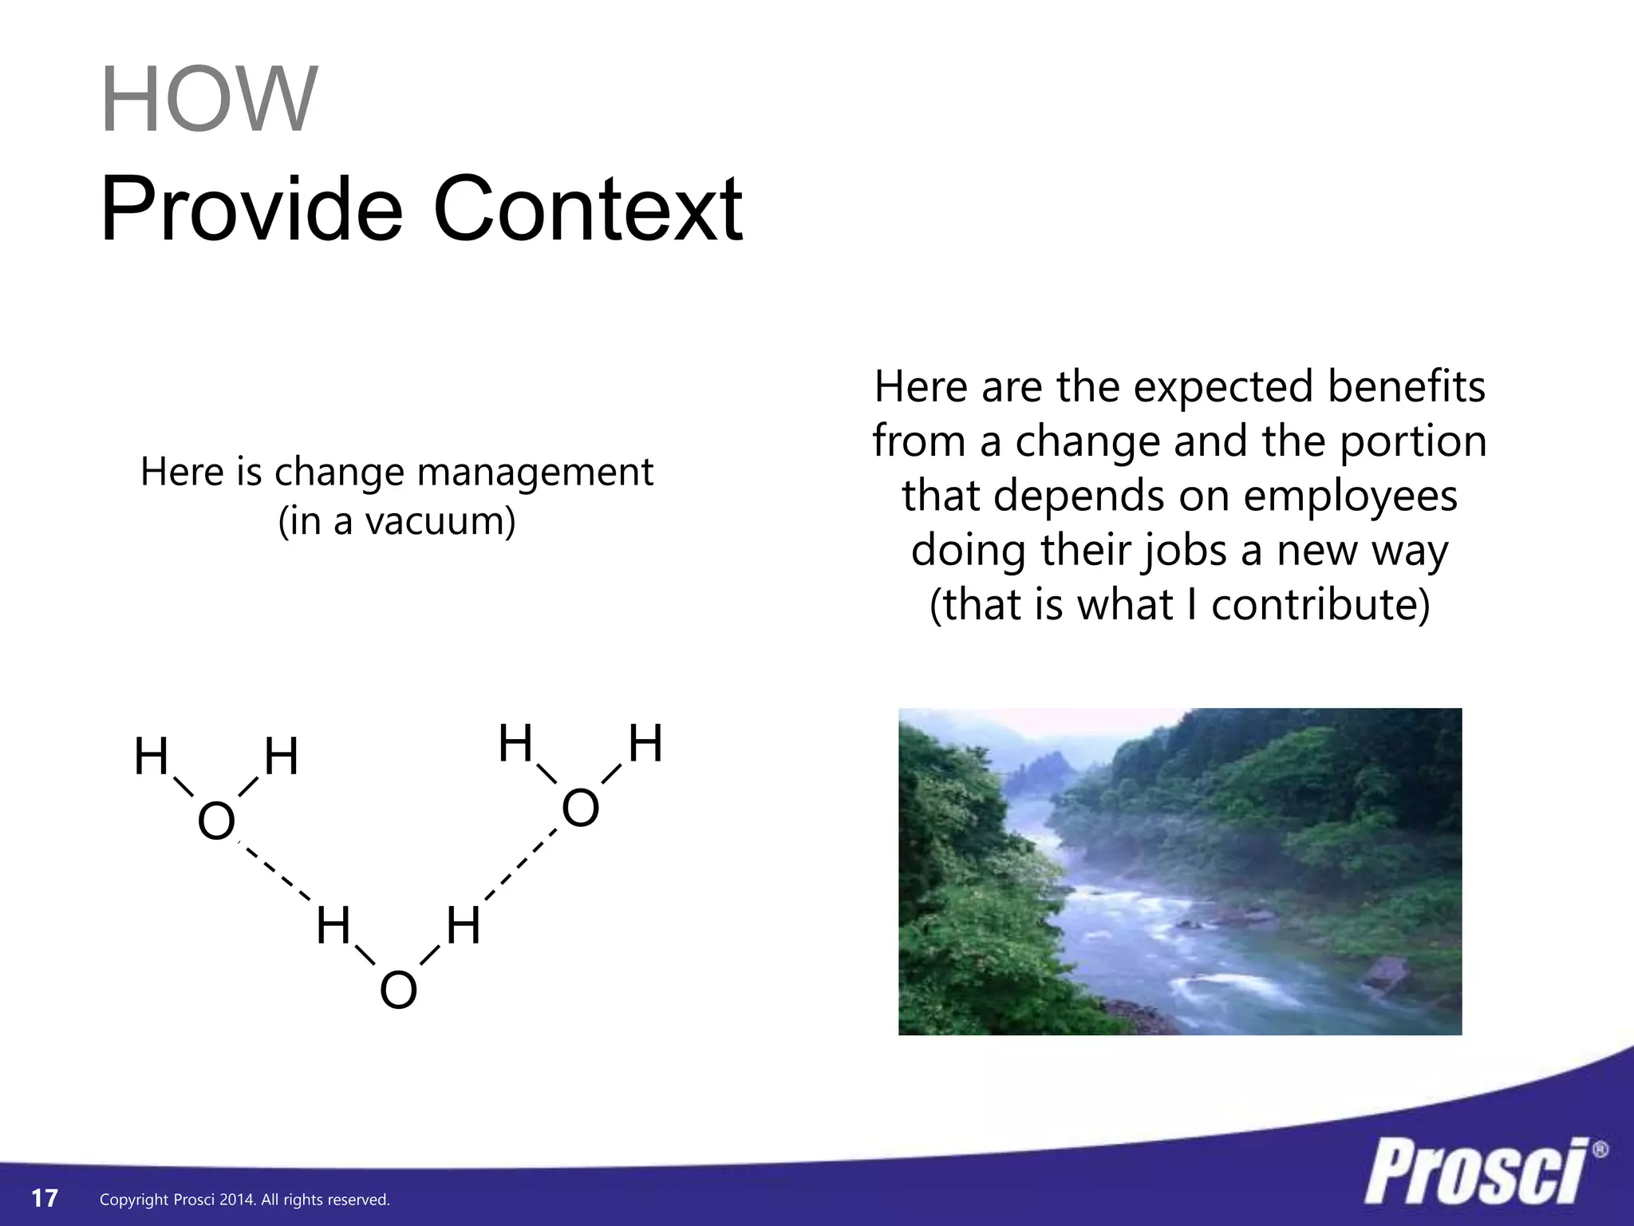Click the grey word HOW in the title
(x=209, y=100)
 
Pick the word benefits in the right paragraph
(x=1406, y=386)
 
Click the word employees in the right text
(x=1350, y=496)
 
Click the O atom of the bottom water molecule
(x=398, y=991)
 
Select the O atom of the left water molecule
(x=216, y=821)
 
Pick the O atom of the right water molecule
(x=580, y=809)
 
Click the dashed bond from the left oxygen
(x=275, y=872)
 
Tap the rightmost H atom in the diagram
(x=645, y=744)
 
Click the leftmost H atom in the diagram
(x=151, y=757)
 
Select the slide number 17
(x=45, y=1198)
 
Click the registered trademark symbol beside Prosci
(x=1600, y=1150)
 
